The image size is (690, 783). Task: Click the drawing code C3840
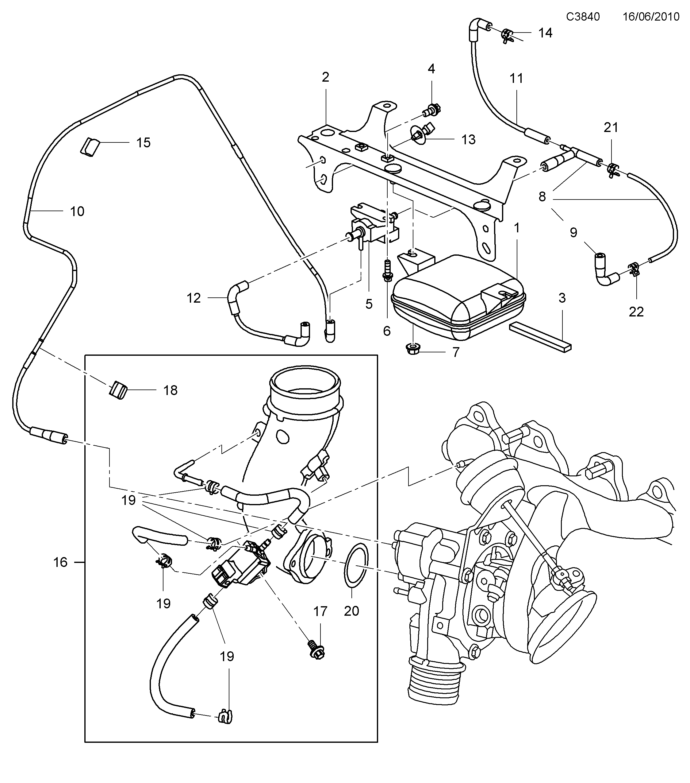point(583,17)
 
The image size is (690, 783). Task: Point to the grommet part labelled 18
point(118,390)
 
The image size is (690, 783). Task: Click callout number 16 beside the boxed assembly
point(60,562)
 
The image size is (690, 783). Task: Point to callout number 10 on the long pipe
point(77,211)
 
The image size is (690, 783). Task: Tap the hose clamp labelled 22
point(634,270)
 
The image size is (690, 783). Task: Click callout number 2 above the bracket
point(325,77)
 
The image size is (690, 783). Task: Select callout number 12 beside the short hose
point(194,298)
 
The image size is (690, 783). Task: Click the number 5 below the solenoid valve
point(369,304)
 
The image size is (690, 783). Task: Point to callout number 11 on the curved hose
point(516,79)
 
